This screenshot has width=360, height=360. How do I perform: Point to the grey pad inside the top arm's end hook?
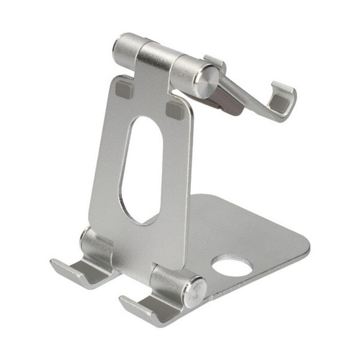pos(280,103)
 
